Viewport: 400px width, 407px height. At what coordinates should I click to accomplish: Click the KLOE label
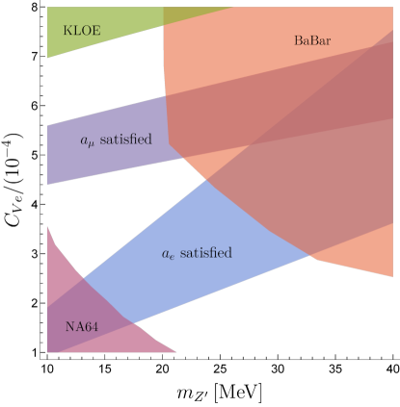(x=82, y=31)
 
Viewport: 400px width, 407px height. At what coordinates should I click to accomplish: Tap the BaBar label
(x=312, y=40)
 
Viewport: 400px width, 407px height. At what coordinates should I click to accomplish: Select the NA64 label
(x=82, y=327)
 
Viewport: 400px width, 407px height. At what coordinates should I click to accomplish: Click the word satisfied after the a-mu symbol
(x=126, y=140)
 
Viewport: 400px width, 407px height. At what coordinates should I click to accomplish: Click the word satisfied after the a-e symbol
(x=206, y=253)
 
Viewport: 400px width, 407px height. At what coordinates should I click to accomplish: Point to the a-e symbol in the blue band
(x=168, y=254)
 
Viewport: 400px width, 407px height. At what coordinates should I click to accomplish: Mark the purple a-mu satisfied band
(x=106, y=159)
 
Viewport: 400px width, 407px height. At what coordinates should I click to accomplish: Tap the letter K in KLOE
(x=67, y=31)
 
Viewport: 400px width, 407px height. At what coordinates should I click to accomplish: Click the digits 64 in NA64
(x=92, y=327)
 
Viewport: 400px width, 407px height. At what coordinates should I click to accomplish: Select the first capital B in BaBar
(x=298, y=40)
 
